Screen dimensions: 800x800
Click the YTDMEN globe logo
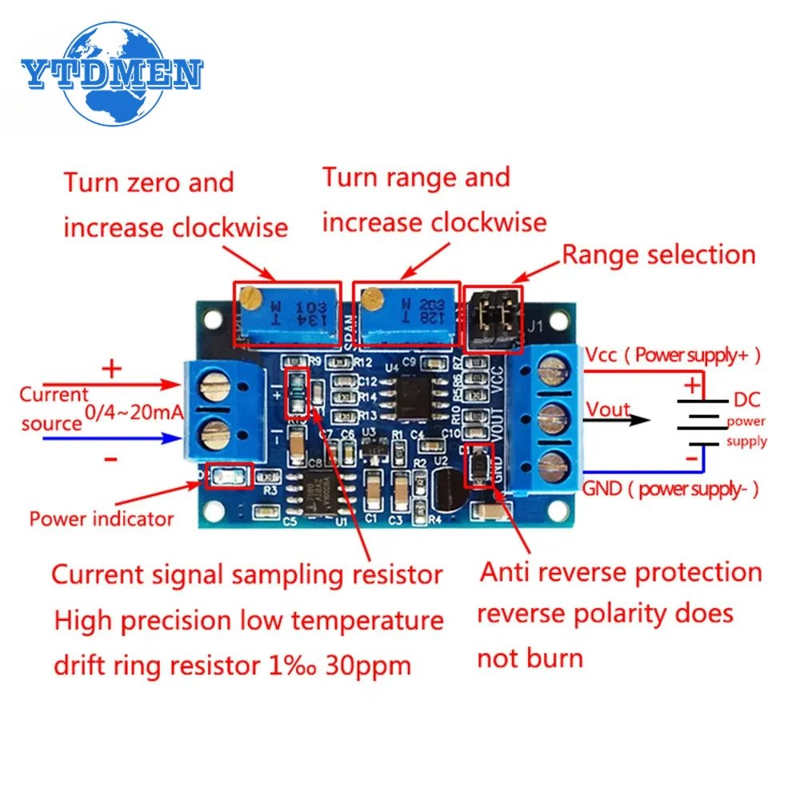coord(111,75)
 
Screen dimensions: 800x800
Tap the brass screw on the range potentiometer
coord(370,298)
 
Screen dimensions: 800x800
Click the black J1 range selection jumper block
coord(492,317)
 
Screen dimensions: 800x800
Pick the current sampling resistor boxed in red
coord(296,394)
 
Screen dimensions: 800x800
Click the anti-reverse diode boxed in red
coord(478,466)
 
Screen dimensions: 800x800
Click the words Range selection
coord(658,255)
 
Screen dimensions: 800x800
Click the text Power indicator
coord(102,518)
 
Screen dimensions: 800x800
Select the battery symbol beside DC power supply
coord(693,422)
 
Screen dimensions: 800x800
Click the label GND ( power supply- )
coord(670,489)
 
